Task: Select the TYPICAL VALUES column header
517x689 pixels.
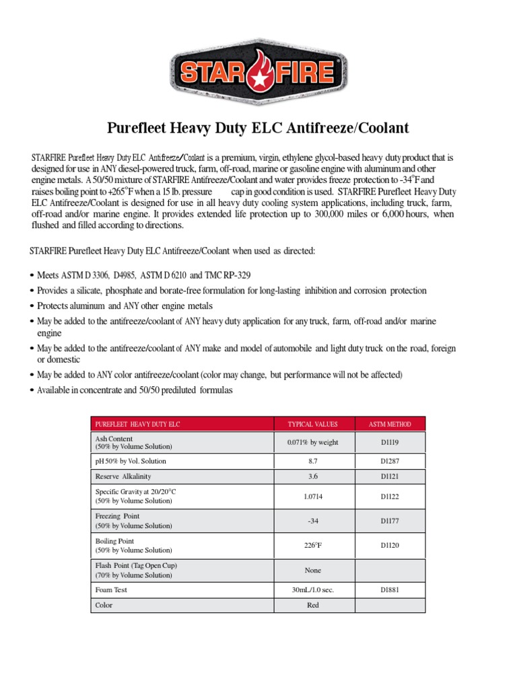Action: point(312,425)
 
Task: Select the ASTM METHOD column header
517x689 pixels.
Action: point(390,425)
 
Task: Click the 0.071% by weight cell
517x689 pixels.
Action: point(312,442)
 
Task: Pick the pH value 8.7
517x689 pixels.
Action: point(312,461)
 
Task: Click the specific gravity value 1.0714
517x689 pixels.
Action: point(312,495)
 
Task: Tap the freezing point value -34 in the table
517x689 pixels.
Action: point(312,520)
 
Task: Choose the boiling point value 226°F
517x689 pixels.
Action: point(312,545)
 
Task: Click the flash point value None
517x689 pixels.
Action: point(312,570)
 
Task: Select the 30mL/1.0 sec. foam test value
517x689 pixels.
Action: point(312,589)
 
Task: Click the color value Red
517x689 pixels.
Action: point(312,605)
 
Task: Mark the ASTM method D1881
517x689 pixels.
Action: point(390,589)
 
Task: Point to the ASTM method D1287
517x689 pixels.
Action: point(390,461)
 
